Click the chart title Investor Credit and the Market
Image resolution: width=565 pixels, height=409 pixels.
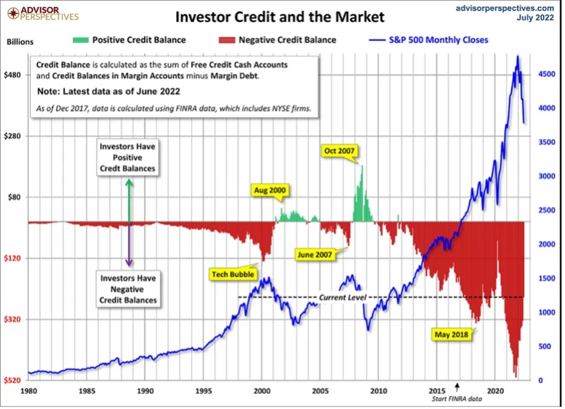[280, 16]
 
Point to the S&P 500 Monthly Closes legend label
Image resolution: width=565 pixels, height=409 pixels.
[438, 40]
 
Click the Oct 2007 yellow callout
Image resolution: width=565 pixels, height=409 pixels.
[340, 151]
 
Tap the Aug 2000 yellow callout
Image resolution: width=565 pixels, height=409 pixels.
[269, 190]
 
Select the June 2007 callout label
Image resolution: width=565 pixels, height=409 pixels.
[314, 254]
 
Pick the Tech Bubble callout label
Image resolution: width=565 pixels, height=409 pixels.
[232, 274]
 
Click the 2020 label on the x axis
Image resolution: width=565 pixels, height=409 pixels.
[494, 392]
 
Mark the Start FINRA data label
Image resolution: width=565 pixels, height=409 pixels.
[453, 401]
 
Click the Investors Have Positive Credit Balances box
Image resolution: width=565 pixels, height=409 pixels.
[127, 157]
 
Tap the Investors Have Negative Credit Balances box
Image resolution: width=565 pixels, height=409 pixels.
[128, 289]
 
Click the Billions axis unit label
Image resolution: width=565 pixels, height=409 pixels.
[20, 41]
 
